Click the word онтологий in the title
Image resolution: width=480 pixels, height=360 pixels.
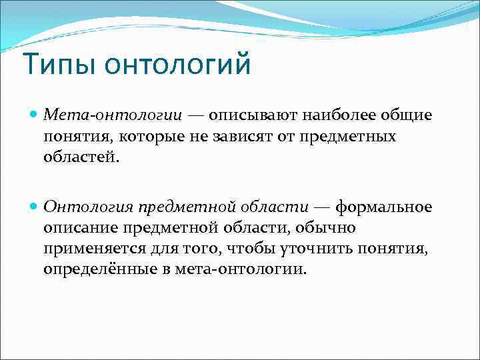point(169,65)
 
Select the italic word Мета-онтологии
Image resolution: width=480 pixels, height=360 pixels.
point(113,115)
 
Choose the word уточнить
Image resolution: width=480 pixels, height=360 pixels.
point(319,249)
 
